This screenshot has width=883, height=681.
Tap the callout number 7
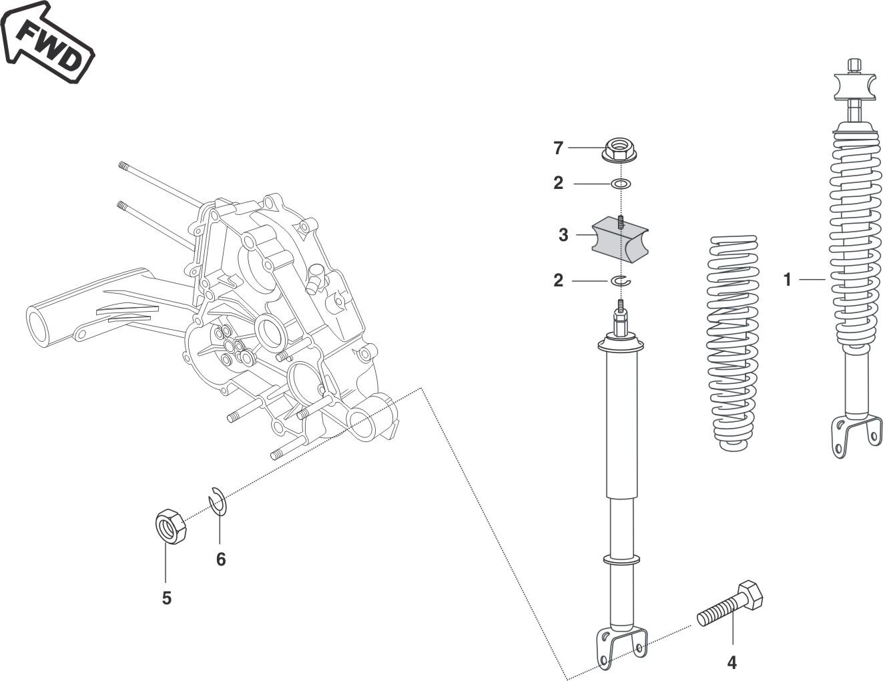coord(559,148)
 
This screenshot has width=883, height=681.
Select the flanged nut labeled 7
coord(619,150)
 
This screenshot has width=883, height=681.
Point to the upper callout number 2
coord(559,183)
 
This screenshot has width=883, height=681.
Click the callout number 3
coord(563,235)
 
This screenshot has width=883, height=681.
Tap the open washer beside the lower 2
coord(621,281)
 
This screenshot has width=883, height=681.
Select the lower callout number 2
coord(559,281)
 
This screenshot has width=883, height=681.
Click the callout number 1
coord(788,280)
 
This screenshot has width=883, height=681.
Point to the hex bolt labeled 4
coord(731,604)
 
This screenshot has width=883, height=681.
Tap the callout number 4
coord(731,663)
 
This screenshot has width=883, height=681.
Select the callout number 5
coord(167,598)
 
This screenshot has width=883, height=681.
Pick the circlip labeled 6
coord(218,501)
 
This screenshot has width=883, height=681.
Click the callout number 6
coord(221,559)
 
